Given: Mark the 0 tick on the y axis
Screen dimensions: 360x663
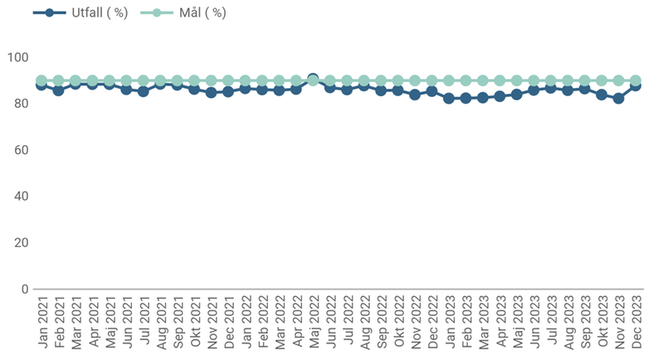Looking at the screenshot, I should pyautogui.click(x=23, y=289).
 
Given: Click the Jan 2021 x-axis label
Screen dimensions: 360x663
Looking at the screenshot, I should pyautogui.click(x=41, y=324).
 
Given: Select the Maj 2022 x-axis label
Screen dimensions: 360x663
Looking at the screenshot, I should pyautogui.click(x=313, y=324).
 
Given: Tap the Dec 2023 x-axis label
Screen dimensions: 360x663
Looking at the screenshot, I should pyautogui.click(x=636, y=324).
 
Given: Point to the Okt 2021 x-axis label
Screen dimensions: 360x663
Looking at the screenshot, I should pyautogui.click(x=194, y=324).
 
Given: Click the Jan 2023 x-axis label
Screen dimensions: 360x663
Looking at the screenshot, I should pyautogui.click(x=449, y=324).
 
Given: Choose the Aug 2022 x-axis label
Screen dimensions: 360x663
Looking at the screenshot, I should pyautogui.click(x=364, y=324).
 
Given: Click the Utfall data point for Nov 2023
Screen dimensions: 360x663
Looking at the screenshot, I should pyautogui.click(x=618, y=98).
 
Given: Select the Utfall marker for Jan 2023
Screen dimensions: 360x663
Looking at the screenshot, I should pyautogui.click(x=449, y=98).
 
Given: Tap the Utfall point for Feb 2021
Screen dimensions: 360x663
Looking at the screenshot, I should pyautogui.click(x=58, y=90).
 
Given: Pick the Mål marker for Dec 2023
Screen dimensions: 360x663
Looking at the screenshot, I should pyautogui.click(x=636, y=80).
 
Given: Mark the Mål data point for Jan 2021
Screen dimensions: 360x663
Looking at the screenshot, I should pyautogui.click(x=41, y=80).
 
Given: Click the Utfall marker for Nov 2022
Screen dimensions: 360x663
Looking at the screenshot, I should pyautogui.click(x=415, y=95).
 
